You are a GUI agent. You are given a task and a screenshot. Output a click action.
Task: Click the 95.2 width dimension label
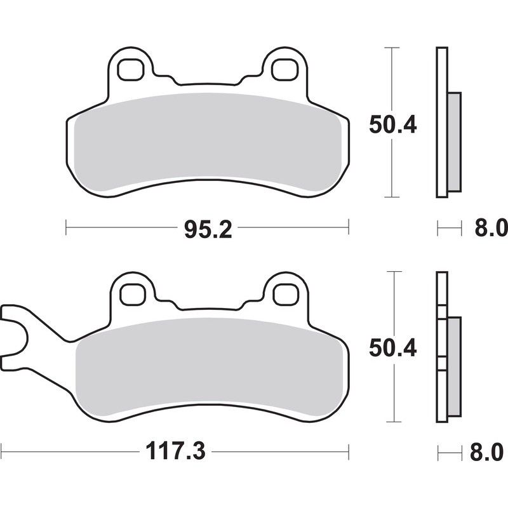click(208, 228)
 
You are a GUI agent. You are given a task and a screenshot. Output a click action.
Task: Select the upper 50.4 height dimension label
click(392, 125)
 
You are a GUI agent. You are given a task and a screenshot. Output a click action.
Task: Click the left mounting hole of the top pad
click(131, 69)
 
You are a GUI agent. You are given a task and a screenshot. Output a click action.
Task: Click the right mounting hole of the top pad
click(283, 69)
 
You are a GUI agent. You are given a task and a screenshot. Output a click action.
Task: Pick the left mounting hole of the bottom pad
click(131, 293)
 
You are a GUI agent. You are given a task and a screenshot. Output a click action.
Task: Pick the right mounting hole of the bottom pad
click(283, 293)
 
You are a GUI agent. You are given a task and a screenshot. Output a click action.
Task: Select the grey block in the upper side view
click(454, 141)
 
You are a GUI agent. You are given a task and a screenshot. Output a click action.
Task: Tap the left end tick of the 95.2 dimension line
click(67, 227)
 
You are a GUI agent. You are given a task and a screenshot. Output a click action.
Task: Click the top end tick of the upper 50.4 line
click(392, 48)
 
